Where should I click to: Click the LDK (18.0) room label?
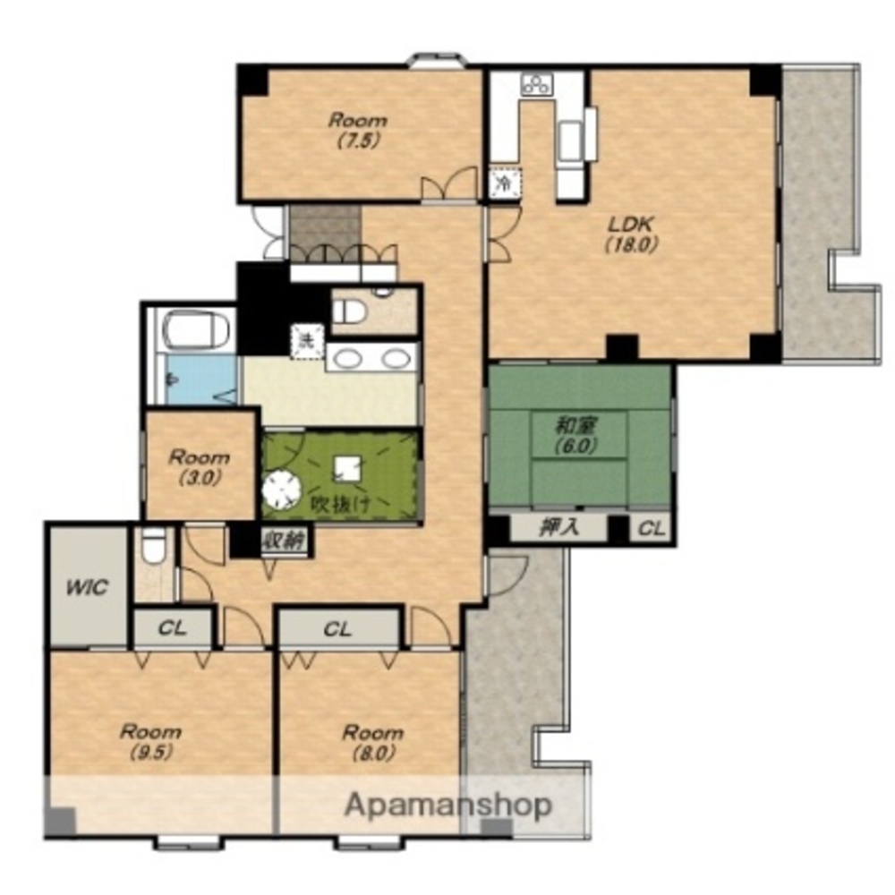(x=633, y=234)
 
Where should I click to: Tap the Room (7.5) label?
(x=358, y=130)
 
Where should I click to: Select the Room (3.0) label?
(x=200, y=467)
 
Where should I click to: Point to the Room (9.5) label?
(x=150, y=741)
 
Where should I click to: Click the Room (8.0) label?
(x=372, y=742)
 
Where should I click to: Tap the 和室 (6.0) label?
(x=577, y=436)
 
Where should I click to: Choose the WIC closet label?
(x=87, y=587)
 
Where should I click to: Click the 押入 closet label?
(x=558, y=527)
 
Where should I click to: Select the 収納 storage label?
(x=284, y=540)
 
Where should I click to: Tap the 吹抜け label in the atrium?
(x=340, y=504)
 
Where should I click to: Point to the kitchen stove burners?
(x=536, y=84)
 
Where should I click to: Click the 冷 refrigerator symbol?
(x=505, y=183)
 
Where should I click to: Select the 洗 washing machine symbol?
(x=307, y=341)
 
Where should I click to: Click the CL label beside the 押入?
(x=652, y=529)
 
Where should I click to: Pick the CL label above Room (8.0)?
(x=337, y=629)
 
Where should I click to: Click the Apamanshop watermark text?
(x=448, y=805)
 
